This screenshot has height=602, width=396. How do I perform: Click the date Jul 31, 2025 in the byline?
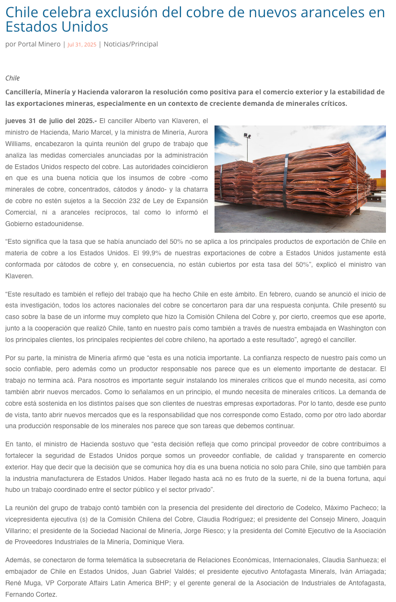coord(82,45)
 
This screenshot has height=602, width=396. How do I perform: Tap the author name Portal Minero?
coord(39,44)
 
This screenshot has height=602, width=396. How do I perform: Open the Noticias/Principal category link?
coord(131,44)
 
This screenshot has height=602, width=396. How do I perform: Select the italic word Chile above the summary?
coord(12,78)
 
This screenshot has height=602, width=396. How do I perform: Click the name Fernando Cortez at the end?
coord(31,594)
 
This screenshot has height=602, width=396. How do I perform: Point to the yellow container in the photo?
coord(379,183)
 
